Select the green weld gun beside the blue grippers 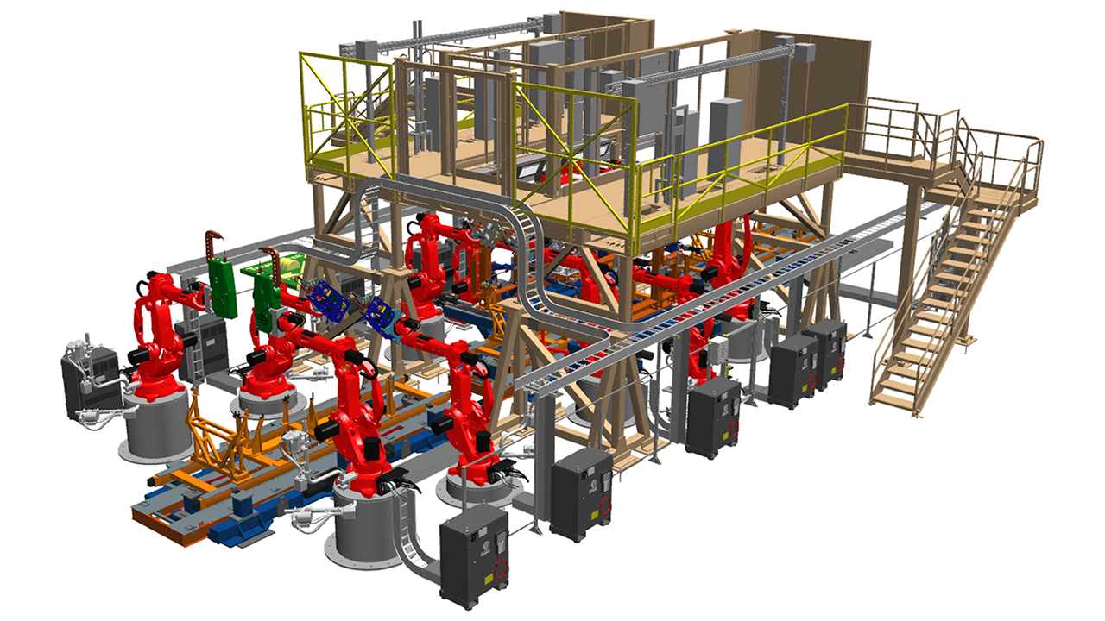[269, 289]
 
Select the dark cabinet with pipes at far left [86, 379]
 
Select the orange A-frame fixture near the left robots [216, 431]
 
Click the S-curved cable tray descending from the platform [527, 259]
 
